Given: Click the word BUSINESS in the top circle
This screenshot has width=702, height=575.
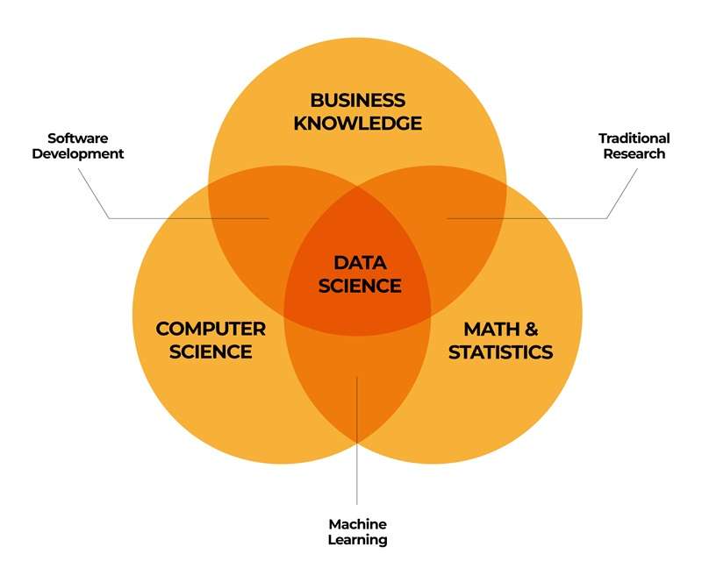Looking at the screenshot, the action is coord(358,100).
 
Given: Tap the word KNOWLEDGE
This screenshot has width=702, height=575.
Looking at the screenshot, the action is coord(358,124).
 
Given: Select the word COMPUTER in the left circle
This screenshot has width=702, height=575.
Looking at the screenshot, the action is coord(211,329).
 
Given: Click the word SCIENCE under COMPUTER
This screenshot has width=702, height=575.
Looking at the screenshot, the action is coord(211,351).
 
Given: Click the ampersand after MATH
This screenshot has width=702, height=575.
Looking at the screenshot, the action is coord(531,330).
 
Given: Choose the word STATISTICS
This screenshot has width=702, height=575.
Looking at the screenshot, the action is coord(500,352).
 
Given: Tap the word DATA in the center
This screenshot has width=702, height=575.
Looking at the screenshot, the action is coord(360,263).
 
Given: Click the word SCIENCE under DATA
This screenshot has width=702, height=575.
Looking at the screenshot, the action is coord(360,286).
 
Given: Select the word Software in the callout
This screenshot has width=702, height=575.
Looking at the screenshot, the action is coord(78,138).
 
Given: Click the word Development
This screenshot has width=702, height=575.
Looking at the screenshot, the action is coord(78,153).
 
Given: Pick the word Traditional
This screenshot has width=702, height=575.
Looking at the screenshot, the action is coord(634,138).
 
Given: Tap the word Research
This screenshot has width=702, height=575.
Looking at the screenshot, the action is coord(634,153).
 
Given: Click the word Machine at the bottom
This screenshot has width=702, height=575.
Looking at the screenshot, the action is coord(357,524).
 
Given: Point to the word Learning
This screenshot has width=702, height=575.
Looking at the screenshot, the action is coord(357,540).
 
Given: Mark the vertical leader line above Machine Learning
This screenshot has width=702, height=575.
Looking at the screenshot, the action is coord(357,441).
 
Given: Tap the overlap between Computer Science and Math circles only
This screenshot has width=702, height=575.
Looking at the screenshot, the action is coord(357,385).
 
